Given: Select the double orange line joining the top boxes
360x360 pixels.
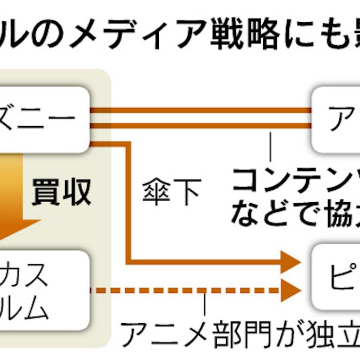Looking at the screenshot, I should coord(202,118).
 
